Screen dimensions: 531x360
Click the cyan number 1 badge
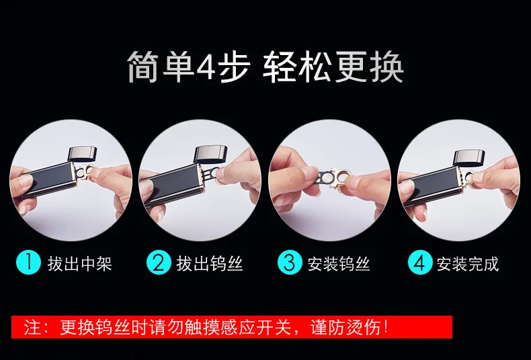point(28,262)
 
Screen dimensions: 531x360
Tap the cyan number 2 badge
point(159,262)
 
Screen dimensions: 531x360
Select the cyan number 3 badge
point(290,262)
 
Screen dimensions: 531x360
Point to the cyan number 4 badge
point(420,262)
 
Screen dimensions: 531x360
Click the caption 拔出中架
point(79,263)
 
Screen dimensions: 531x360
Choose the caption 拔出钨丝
point(210,263)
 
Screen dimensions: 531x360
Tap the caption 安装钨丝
point(339,263)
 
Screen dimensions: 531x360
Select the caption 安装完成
point(468,263)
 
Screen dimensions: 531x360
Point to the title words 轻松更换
point(333,66)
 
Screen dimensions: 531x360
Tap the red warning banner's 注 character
point(32,327)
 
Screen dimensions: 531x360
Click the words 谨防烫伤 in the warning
point(345,327)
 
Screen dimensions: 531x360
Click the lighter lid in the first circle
point(82,154)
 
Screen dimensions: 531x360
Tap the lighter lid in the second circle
point(210,154)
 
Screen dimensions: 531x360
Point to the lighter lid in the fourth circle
point(469,158)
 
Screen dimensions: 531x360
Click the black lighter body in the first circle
point(50,179)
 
